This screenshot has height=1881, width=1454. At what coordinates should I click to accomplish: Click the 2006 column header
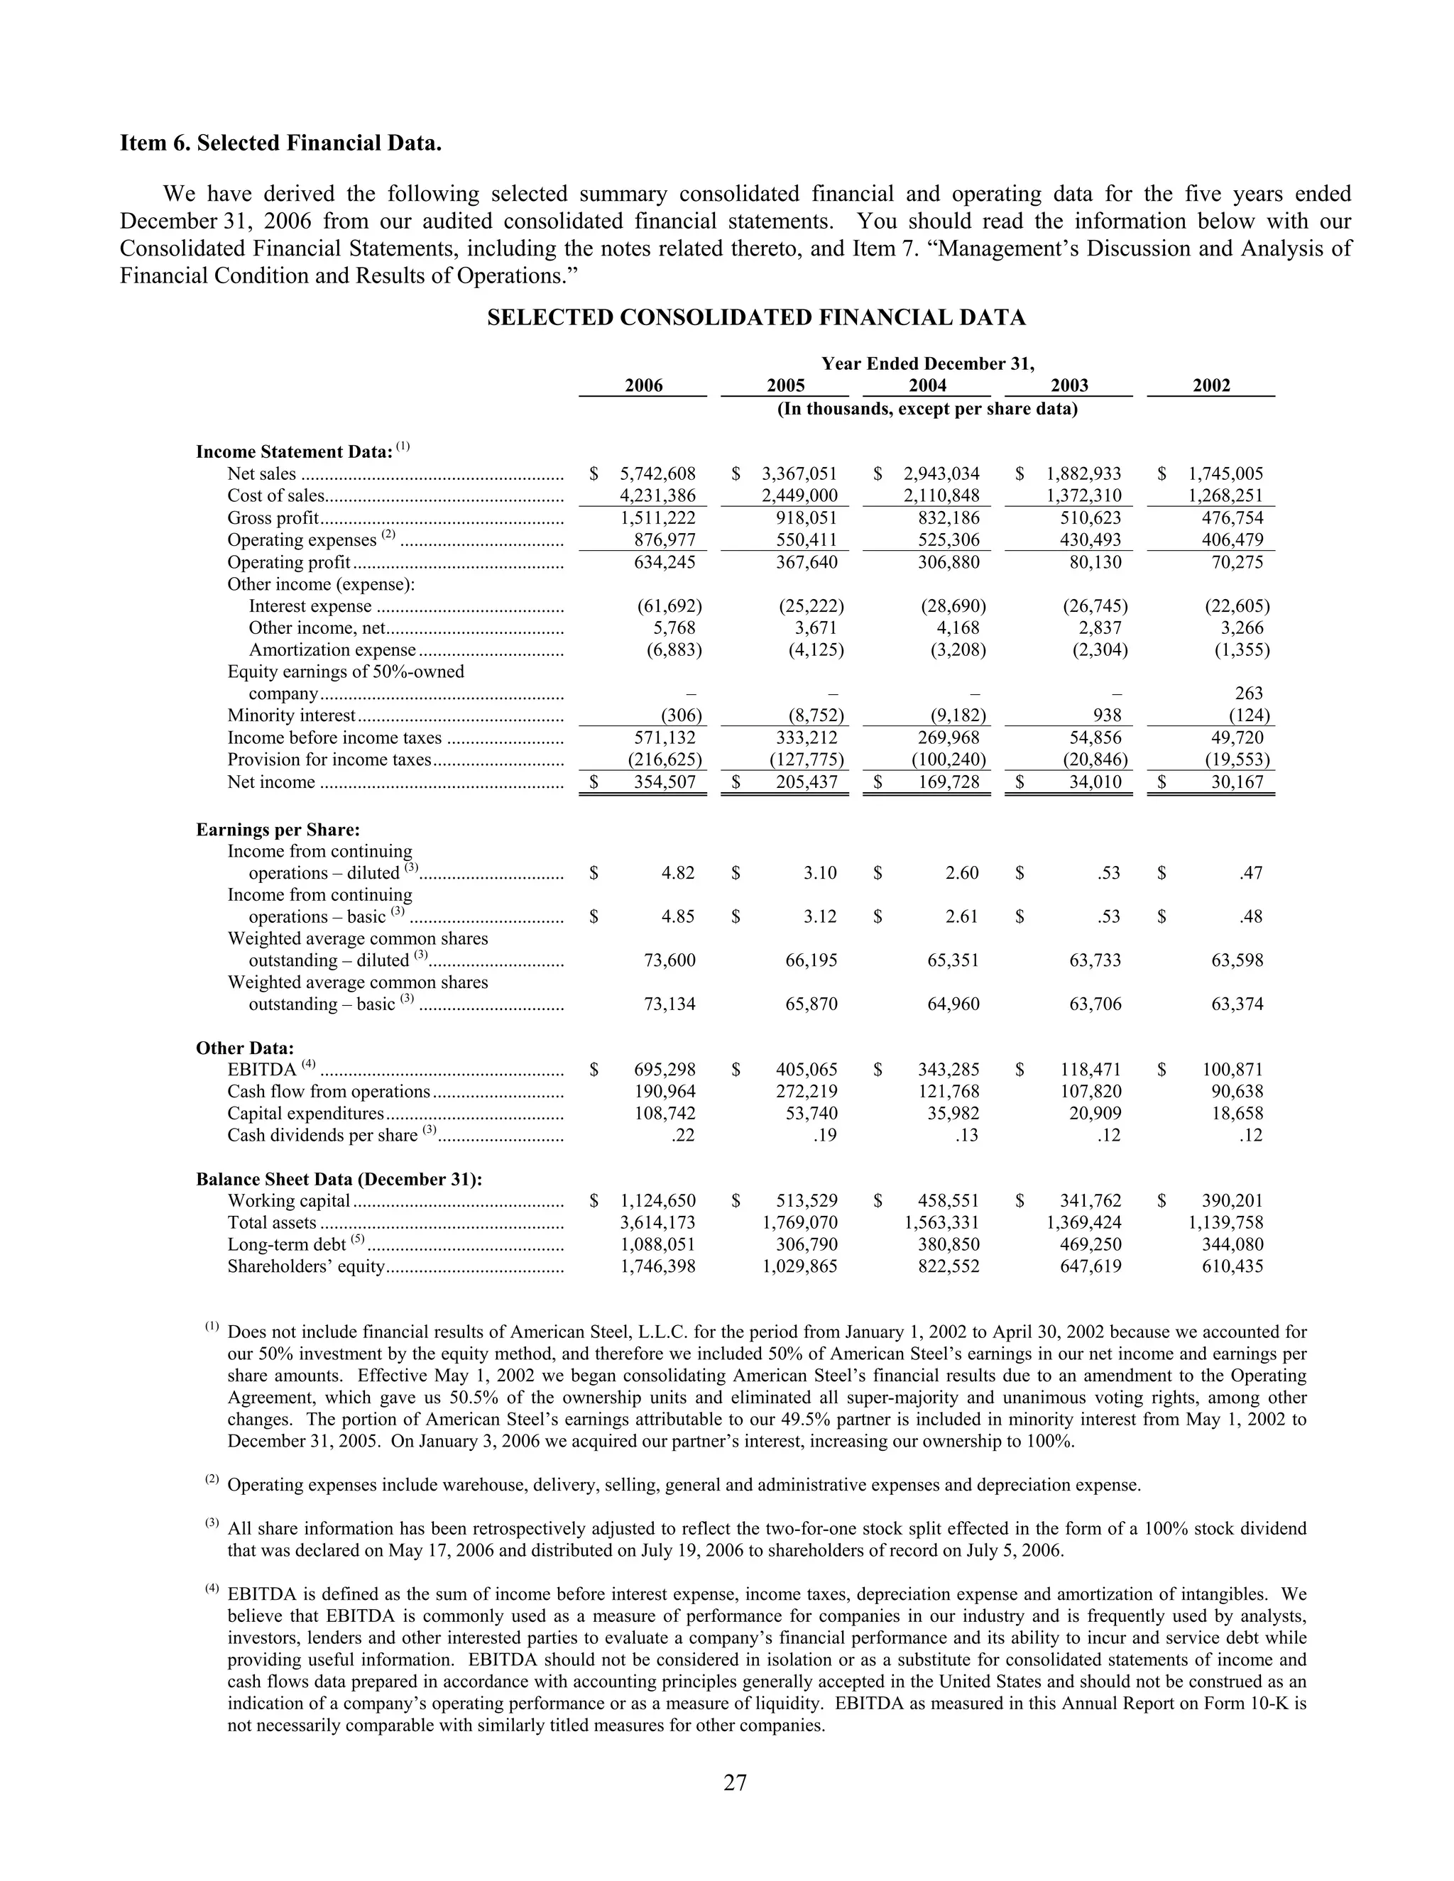coord(643,386)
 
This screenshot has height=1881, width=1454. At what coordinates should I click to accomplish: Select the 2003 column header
coord(1069,386)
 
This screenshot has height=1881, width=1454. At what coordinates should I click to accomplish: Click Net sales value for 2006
coord(657,473)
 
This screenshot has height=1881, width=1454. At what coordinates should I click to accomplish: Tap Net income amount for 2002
coord(1237,782)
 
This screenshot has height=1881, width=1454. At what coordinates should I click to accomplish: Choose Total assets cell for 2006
coord(657,1222)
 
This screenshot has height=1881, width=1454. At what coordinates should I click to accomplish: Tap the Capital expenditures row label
coord(305,1114)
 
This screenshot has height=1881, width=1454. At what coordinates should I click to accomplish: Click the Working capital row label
coord(288,1200)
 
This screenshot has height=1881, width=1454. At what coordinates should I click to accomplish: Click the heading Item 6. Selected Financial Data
coord(281,143)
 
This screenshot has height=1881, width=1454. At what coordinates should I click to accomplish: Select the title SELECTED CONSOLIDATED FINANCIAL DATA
coord(756,318)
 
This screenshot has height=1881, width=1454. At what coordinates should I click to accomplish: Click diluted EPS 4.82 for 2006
coord(678,872)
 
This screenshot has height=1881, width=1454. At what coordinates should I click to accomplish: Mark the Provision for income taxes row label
coord(328,759)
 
